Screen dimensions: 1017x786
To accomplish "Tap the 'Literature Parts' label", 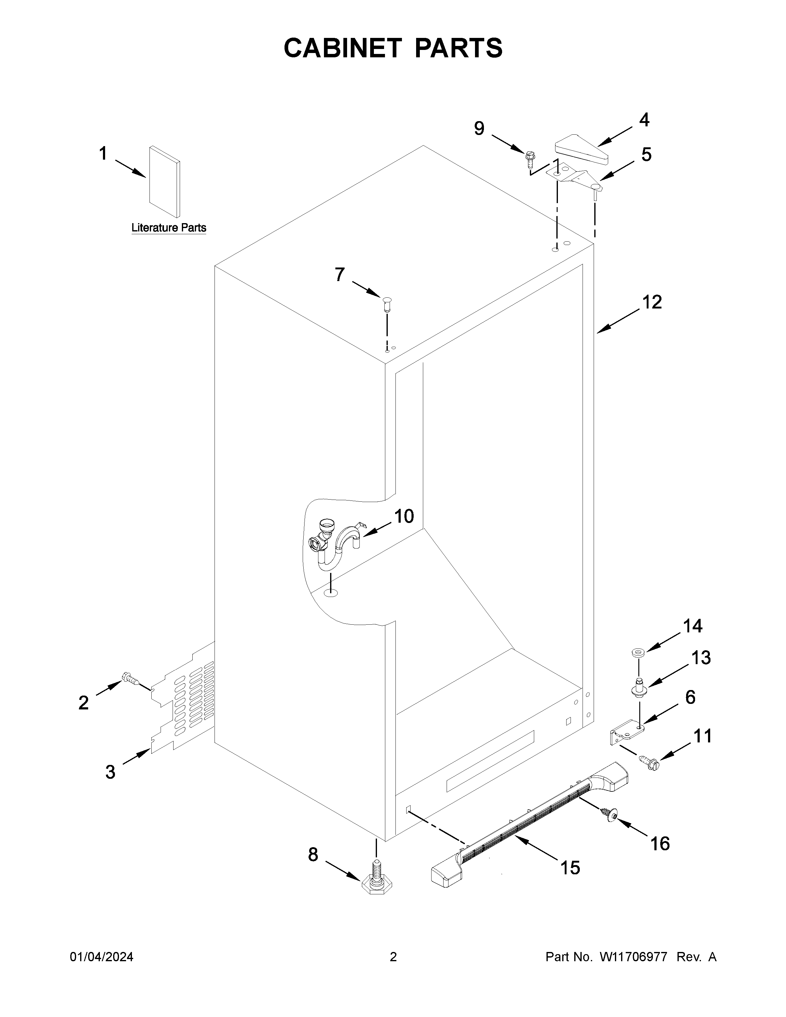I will coord(169,228).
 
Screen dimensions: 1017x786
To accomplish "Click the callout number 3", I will coord(110,772).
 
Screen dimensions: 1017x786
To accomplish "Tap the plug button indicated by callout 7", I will coord(387,303).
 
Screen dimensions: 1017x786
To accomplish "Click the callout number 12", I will coord(652,303).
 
